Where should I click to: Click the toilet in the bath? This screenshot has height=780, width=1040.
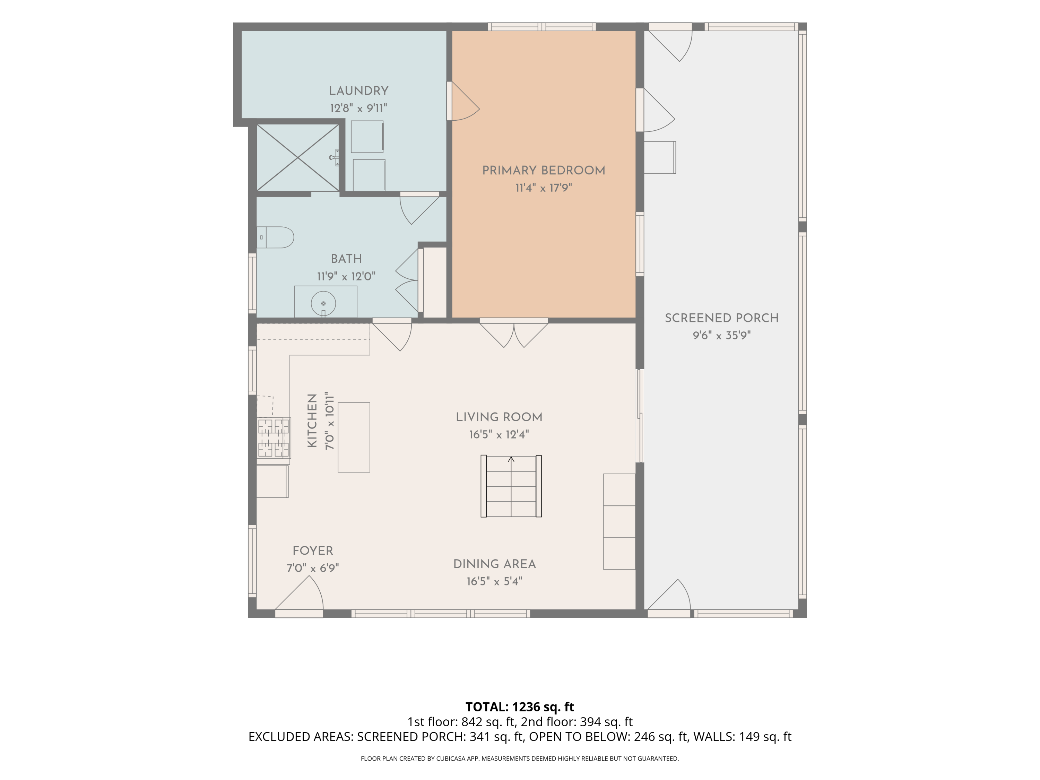[x=275, y=237]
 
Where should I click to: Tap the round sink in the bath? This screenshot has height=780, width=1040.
[x=323, y=303]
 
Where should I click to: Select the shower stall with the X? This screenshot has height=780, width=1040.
[x=297, y=157]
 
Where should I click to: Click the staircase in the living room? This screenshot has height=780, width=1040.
[x=511, y=486]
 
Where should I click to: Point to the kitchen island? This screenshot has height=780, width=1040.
[x=354, y=437]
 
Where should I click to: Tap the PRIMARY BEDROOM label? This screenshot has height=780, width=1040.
[x=544, y=170]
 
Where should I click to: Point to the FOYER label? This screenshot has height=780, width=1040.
[x=313, y=551]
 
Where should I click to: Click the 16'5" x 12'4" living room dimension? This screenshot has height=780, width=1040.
[x=499, y=434]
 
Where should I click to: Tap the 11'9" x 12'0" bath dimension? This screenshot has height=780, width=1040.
[x=346, y=276]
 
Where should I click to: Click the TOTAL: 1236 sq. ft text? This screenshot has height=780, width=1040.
[x=520, y=707]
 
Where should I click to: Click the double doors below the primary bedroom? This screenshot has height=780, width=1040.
[x=514, y=333]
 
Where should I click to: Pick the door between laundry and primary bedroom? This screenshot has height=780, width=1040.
[x=463, y=101]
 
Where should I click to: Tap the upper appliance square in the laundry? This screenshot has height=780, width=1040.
[x=367, y=136]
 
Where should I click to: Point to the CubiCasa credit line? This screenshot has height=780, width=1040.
[x=520, y=759]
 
